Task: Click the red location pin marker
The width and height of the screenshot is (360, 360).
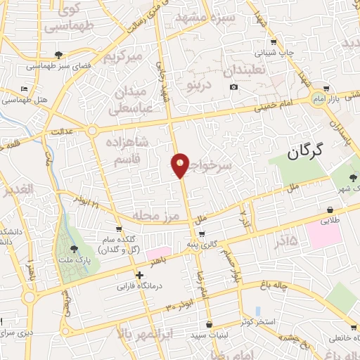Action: coord(181,165)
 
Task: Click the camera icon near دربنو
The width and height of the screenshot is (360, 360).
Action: coord(233,87)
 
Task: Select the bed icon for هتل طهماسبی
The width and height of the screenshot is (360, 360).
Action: coord(25,90)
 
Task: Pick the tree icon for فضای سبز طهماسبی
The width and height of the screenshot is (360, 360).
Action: coord(59,55)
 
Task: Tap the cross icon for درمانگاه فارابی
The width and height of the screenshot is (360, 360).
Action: coord(140,275)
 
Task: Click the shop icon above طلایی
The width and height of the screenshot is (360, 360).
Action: coord(330,209)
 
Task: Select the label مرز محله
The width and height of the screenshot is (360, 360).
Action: coord(153,216)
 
